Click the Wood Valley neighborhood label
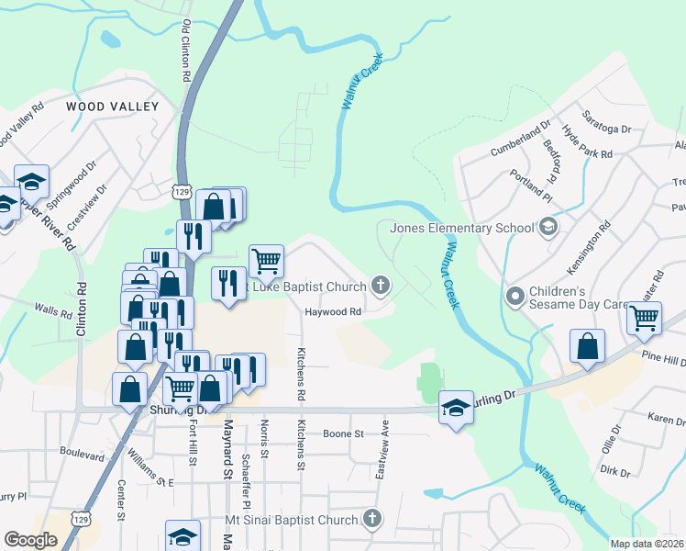[113, 107]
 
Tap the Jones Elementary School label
[462, 228]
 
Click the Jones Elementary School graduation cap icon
[548, 227]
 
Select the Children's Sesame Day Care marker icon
[514, 296]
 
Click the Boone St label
[343, 433]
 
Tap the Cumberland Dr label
[520, 136]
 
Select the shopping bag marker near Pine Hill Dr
[587, 346]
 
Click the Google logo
[30, 540]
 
